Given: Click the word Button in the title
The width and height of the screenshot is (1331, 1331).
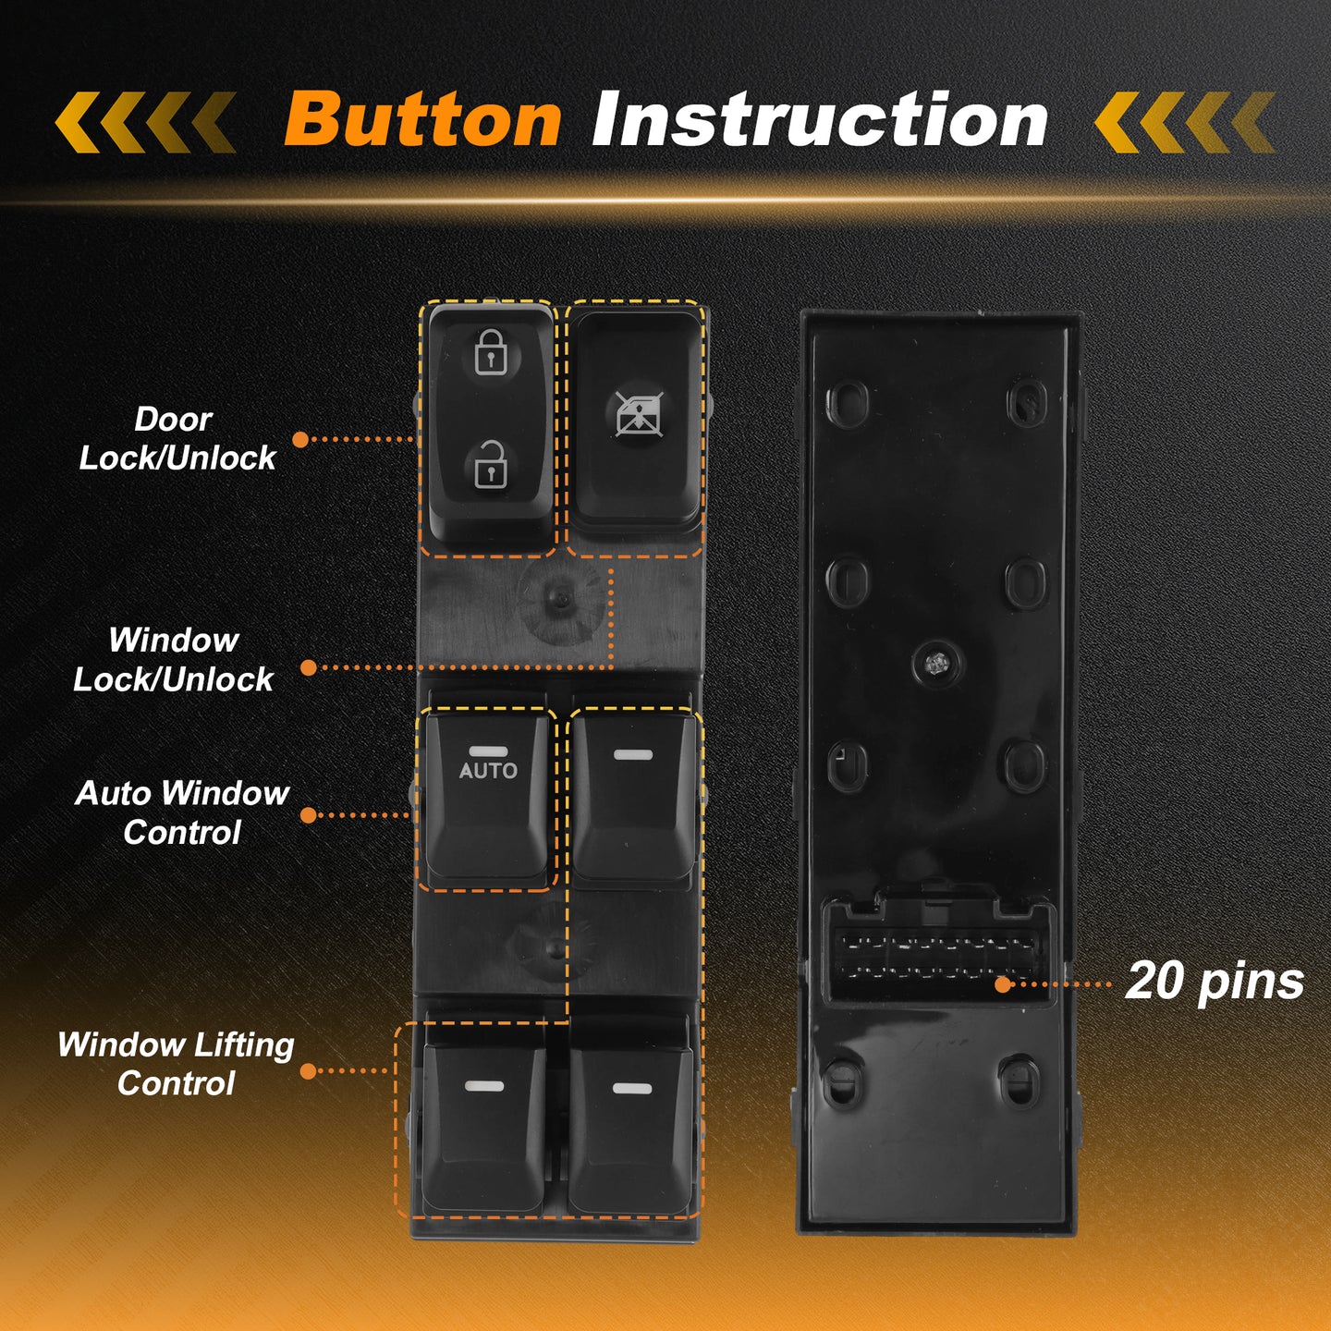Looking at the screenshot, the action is pos(422,119).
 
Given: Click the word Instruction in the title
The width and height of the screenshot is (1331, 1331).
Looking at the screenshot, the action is pos(820,119).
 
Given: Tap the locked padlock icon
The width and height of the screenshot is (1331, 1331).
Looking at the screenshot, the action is pos(491,352).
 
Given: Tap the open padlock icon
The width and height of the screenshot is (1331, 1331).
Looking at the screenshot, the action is pos(491,464).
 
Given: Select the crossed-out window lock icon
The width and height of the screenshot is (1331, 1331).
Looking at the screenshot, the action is pos(639,415).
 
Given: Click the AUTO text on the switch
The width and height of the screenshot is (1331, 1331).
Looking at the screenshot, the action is pos(488,770).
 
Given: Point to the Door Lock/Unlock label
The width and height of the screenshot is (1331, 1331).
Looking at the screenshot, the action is pos(177,439).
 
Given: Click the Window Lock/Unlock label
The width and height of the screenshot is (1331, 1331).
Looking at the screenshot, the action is pos(174,660).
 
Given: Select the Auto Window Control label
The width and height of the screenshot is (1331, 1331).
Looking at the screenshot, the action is pos(182,812).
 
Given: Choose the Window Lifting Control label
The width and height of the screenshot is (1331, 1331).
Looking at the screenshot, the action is pos(177,1065).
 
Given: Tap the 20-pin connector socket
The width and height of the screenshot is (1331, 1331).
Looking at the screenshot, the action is pos(936,954).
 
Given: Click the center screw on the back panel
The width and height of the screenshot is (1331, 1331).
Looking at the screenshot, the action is pos(935,664).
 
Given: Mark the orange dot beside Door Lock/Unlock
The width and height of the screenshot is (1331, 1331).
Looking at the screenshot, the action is pos(300,439).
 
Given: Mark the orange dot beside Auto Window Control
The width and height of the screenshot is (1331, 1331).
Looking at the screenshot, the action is pos(308,815).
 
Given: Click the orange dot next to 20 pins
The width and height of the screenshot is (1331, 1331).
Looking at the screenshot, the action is pos(1003,985).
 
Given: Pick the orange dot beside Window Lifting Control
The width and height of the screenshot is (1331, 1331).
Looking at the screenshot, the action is pos(308,1071).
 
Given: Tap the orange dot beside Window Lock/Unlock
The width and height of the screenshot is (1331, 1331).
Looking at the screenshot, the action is pos(308,668).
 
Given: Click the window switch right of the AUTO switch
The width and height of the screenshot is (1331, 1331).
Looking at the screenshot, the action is pos(633,798).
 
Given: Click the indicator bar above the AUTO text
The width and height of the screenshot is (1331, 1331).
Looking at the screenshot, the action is pos(488,751).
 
